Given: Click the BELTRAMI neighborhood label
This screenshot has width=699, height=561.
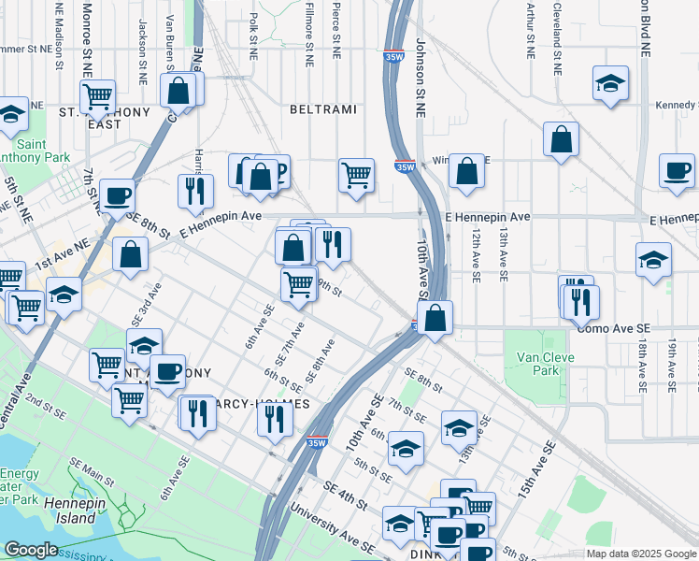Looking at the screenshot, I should [322, 109].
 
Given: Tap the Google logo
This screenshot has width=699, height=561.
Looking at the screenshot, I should [31, 550].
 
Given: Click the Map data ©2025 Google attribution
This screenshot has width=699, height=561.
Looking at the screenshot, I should [641, 554].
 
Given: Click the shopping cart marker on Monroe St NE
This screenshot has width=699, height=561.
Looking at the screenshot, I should [97, 95].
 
